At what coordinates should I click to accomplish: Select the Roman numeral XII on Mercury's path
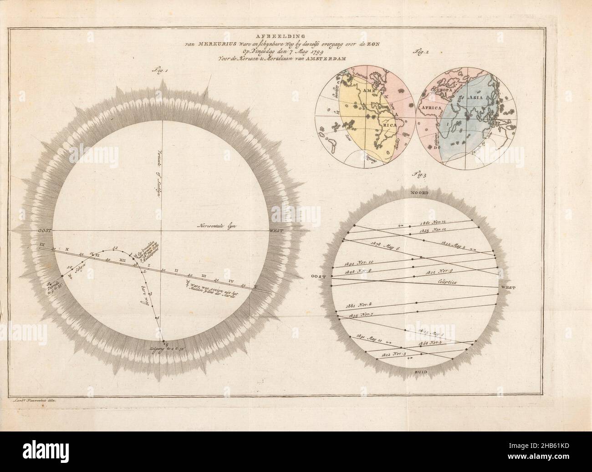tap(122, 259)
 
